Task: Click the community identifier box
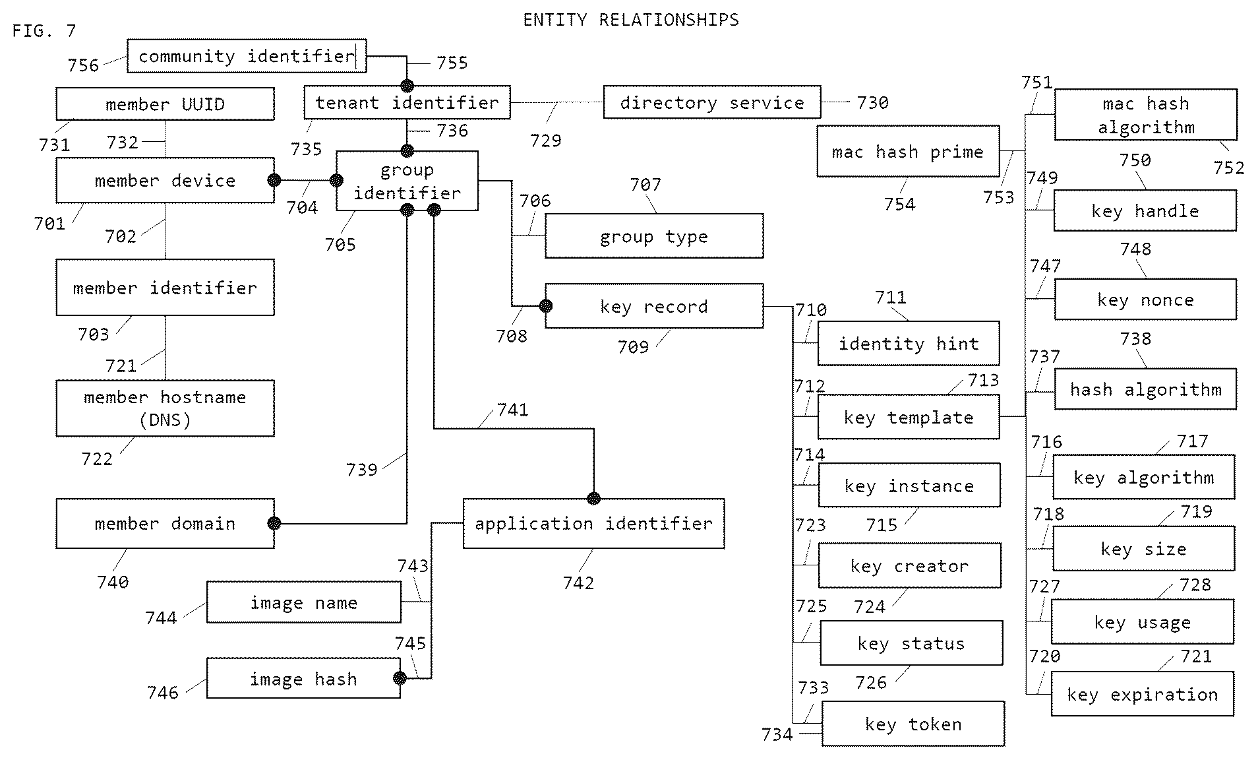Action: [x=247, y=56]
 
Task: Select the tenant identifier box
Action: [x=407, y=102]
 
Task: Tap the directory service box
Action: [x=712, y=102]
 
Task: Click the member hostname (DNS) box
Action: [x=165, y=408]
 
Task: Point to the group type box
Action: [x=654, y=236]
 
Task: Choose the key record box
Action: [x=654, y=306]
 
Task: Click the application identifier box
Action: [x=593, y=523]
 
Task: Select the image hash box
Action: [x=303, y=678]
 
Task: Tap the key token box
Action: [x=913, y=724]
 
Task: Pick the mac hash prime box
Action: [x=908, y=151]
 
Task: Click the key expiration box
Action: [x=1142, y=694]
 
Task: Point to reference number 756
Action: [x=83, y=65]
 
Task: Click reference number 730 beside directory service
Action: [x=872, y=102]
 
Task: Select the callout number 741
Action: [x=512, y=410]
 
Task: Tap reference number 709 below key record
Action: [x=633, y=346]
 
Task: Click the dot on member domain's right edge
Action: [x=274, y=523]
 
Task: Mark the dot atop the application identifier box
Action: [x=593, y=498]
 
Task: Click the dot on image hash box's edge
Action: [x=400, y=678]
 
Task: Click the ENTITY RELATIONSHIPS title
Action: [x=631, y=20]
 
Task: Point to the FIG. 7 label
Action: [x=44, y=30]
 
